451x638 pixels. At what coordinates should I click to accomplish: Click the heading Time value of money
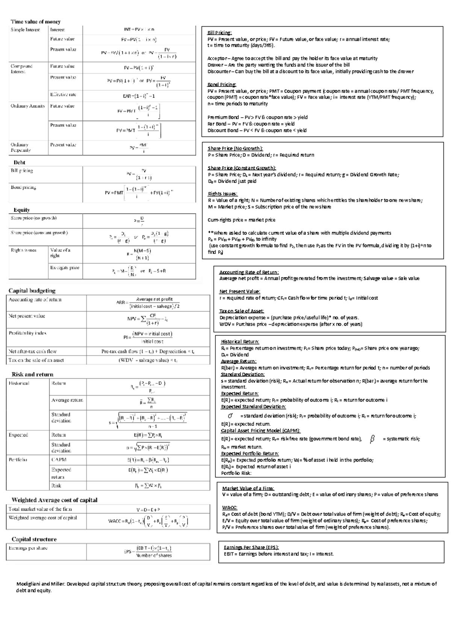[x=35, y=22]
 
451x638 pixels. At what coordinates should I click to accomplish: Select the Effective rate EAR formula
[x=139, y=96]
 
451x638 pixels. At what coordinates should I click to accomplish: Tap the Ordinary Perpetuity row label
[x=21, y=147]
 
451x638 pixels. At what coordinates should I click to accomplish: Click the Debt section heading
[x=20, y=162]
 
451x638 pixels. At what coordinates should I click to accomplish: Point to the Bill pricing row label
[x=22, y=171]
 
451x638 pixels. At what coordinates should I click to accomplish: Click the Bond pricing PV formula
[x=139, y=193]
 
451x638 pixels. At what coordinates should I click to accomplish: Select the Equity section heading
[x=21, y=210]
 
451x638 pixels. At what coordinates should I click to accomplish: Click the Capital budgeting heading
[x=32, y=290]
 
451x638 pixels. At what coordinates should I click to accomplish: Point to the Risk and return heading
[x=32, y=374]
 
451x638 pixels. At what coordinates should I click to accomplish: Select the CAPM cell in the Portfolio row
[x=59, y=460]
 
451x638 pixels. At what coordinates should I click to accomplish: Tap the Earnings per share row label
[x=28, y=548]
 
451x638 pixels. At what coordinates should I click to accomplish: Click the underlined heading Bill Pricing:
[x=219, y=33]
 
